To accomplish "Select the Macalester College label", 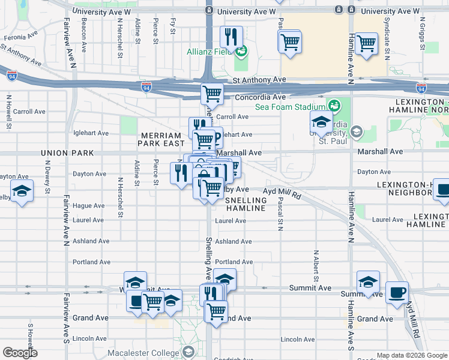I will click(x=143, y=352).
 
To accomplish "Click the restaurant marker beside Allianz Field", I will click(x=231, y=38).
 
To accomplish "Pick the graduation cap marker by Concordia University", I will click(x=321, y=122).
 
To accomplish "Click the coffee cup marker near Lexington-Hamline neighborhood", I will click(x=442, y=190).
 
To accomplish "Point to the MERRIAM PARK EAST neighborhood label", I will click(x=161, y=140).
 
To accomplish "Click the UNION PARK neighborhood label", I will click(x=67, y=154).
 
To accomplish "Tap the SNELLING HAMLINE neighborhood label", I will click(x=246, y=204).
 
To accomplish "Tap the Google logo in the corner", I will click(x=20, y=353).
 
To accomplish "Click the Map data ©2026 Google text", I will click(x=412, y=355).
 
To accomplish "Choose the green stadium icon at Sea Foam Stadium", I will click(x=334, y=106).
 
